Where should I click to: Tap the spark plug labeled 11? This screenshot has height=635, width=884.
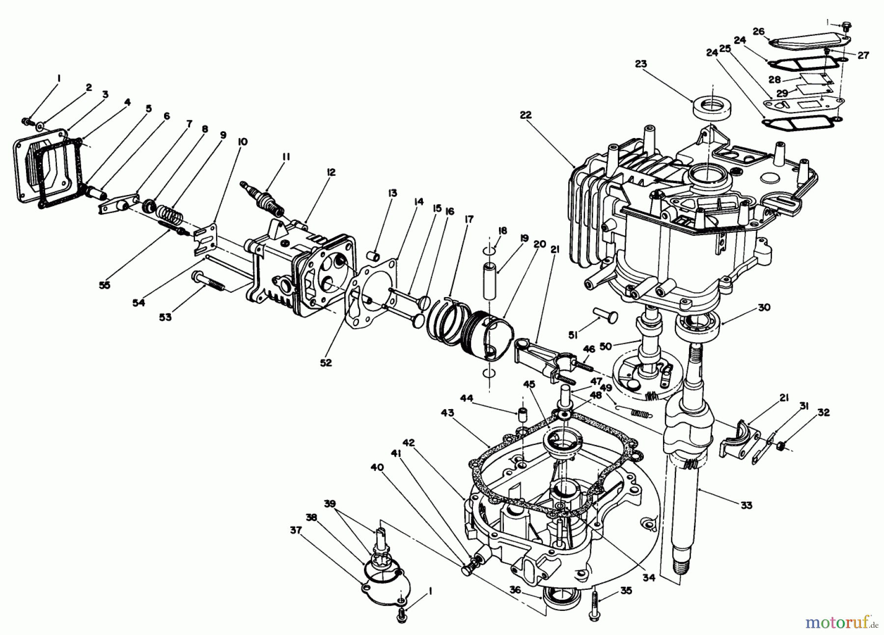(x=262, y=199)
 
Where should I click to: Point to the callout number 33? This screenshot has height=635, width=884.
(x=746, y=504)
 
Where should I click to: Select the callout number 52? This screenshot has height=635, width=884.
(x=326, y=362)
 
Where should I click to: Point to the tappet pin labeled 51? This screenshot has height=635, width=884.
(x=605, y=314)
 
